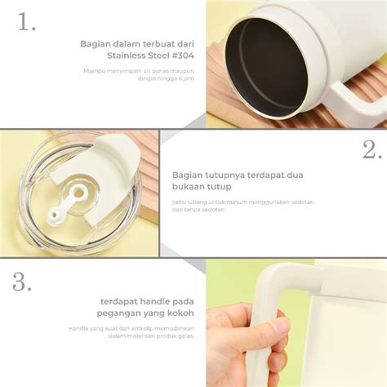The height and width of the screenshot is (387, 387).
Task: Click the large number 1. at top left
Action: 27,22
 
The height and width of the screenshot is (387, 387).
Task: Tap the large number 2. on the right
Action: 370,149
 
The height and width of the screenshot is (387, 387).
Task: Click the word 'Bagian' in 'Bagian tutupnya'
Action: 189,174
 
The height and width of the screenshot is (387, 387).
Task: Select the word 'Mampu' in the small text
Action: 93,70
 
